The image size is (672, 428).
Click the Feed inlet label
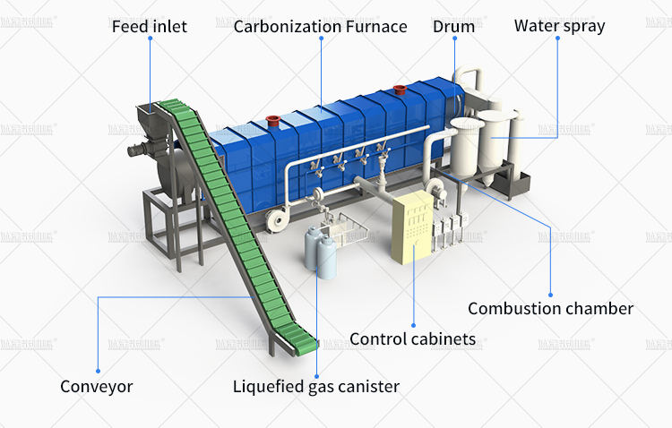(149, 26)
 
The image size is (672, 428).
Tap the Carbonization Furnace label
(320, 26)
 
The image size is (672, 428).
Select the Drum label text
(453, 26)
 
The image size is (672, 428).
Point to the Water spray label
(559, 25)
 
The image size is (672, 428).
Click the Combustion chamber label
(550, 308)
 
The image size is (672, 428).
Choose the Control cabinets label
(412, 338)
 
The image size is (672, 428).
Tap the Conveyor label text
(96, 387)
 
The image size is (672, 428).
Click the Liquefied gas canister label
(315, 387)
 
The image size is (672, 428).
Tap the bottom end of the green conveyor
(301, 339)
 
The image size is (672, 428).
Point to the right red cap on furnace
(400, 89)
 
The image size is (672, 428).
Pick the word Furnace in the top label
(376, 26)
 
